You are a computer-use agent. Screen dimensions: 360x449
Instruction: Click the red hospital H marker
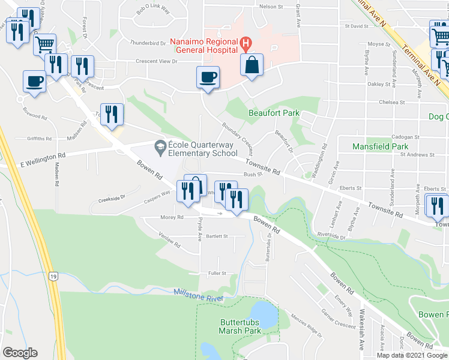click(246, 43)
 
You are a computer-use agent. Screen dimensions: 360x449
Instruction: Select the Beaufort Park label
click(274, 113)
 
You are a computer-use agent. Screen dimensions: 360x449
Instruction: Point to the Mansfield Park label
click(380, 146)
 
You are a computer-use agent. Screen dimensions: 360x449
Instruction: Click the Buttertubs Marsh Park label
click(240, 326)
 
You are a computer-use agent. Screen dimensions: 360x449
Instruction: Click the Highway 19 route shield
click(53, 277)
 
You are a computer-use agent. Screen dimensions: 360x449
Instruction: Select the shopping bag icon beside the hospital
click(252, 65)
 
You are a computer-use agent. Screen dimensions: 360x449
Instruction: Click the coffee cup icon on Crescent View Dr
click(208, 77)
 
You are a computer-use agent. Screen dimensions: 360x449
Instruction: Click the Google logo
click(20, 353)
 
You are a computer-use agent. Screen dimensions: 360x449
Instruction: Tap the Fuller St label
click(216, 273)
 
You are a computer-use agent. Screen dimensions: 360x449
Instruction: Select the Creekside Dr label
click(111, 197)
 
